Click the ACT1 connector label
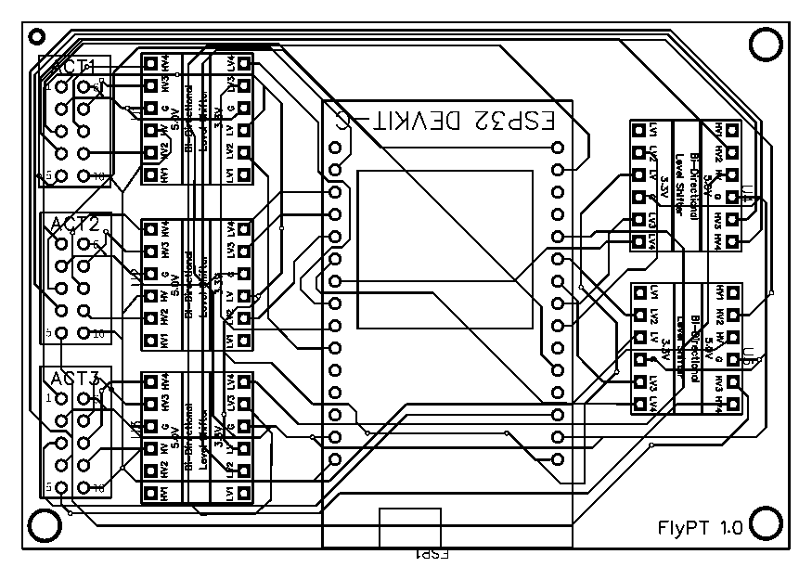(74, 67)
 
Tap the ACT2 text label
(74, 224)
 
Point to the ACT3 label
(74, 379)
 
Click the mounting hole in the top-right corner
(765, 44)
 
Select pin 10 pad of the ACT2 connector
(84, 331)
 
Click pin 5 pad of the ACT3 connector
(61, 486)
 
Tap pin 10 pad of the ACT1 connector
(84, 175)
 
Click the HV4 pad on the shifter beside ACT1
(150, 64)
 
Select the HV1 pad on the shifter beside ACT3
(150, 494)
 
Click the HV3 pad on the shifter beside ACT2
(150, 251)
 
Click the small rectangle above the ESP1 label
(412, 528)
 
